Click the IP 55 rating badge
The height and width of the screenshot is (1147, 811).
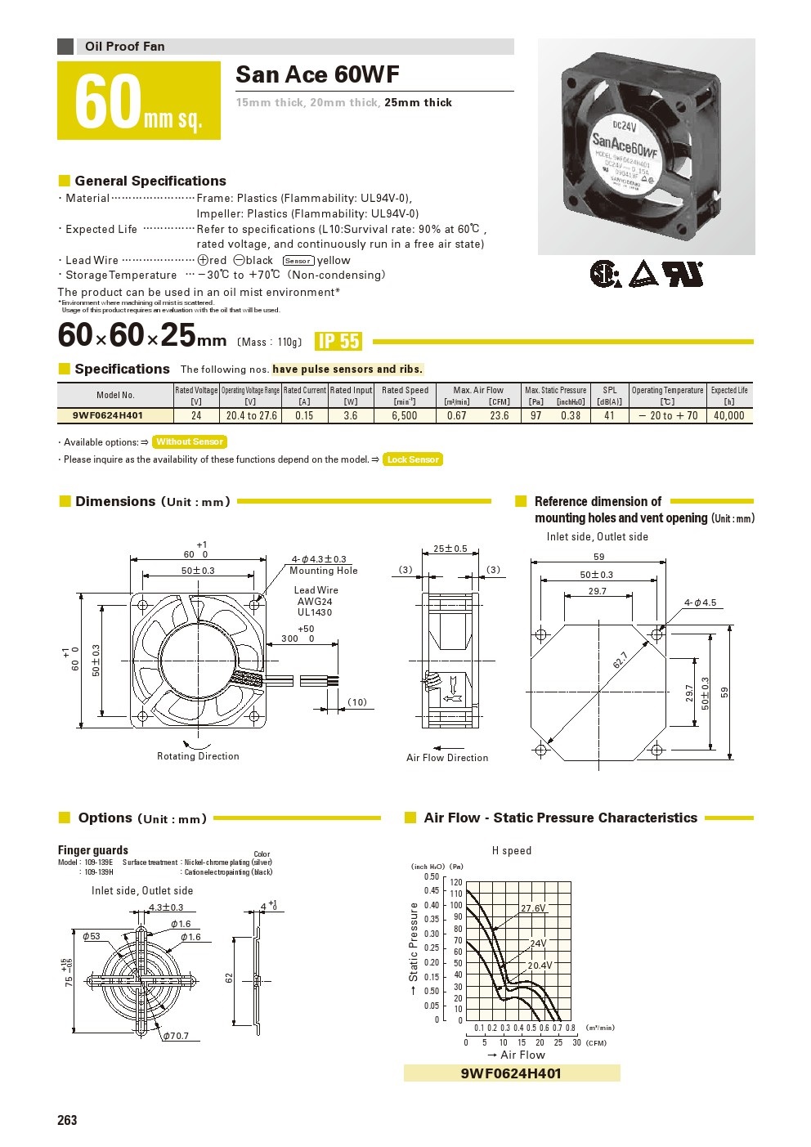tap(338, 342)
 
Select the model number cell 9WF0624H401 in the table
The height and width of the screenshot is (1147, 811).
tap(108, 415)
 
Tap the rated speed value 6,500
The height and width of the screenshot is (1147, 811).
tap(404, 415)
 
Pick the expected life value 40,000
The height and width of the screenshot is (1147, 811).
tap(728, 415)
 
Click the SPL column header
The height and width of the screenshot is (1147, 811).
tap(610, 391)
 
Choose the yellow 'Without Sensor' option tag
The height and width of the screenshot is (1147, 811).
tap(190, 441)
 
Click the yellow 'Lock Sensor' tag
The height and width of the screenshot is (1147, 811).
tap(413, 459)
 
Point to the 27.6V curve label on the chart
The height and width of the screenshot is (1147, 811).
tap(533, 908)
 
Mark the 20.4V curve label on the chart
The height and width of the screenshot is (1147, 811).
tap(540, 966)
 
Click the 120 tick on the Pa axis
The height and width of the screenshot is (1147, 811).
tap(456, 883)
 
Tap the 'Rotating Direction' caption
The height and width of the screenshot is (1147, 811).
tap(198, 756)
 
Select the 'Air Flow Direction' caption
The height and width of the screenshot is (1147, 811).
tap(447, 758)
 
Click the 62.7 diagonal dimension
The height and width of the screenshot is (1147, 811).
tap(621, 661)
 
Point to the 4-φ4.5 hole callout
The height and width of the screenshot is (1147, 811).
tap(700, 603)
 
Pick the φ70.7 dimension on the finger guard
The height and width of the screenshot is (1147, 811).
tap(175, 1036)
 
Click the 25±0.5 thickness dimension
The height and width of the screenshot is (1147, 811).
tap(450, 549)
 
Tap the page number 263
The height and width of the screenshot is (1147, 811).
tap(67, 1120)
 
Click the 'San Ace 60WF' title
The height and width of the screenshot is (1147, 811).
tap(317, 75)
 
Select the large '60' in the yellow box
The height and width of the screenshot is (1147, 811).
tap(107, 102)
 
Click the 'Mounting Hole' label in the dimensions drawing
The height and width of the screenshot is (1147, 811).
tap(324, 571)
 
